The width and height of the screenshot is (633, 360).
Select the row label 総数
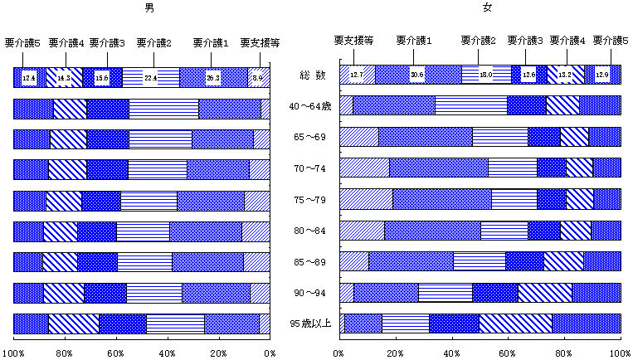point(312,75)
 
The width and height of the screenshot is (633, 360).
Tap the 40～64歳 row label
point(312,106)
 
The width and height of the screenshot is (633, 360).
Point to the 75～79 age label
point(312,200)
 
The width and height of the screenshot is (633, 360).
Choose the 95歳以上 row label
point(311,324)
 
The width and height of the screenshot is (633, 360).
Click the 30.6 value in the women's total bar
point(417,75)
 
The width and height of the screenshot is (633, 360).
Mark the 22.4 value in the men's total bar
point(151,78)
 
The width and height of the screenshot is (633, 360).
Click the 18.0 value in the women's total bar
point(486,75)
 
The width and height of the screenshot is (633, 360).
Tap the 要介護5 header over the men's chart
point(22,41)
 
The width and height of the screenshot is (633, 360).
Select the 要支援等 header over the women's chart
point(353,40)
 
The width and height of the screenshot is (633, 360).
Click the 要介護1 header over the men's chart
point(212,41)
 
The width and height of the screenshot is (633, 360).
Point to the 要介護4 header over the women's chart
point(567,40)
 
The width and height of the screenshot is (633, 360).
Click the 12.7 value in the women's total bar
point(357,75)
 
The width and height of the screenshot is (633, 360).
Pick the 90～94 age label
point(312,293)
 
